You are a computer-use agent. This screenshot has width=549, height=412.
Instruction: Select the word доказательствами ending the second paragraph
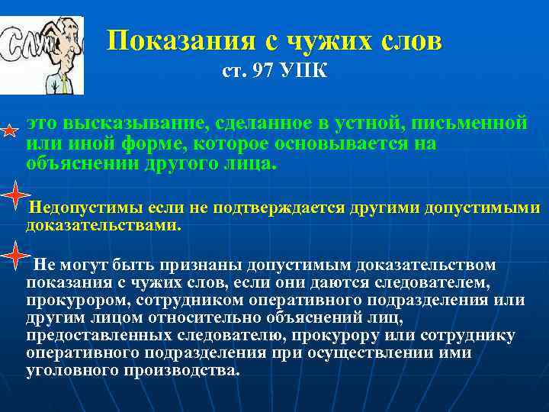point(102,226)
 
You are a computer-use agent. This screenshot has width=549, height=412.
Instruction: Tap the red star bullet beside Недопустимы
point(14,196)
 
